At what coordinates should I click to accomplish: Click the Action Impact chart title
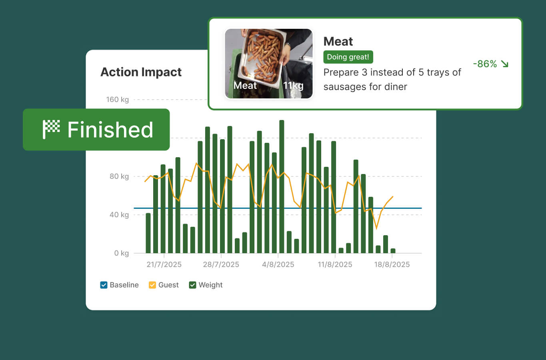coord(141,72)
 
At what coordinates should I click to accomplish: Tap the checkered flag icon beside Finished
coord(51,129)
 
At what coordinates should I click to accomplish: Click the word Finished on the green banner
coord(110,130)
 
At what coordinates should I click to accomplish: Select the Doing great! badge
coord(348,57)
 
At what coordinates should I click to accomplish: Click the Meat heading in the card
coord(338,42)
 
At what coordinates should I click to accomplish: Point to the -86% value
coord(485,64)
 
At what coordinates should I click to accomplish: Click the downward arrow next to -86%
coord(504,64)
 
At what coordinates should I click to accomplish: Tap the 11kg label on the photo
coord(293,86)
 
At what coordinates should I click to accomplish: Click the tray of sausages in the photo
coord(262,56)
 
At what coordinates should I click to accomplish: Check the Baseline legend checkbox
coord(104,285)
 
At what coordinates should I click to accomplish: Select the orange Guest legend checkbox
coord(152,285)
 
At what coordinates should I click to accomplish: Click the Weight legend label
coord(210,285)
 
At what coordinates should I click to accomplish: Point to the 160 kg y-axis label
coord(117,100)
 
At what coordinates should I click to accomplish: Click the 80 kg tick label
coord(119,176)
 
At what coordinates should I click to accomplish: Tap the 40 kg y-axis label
coord(119,215)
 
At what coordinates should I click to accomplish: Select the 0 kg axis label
coord(121,253)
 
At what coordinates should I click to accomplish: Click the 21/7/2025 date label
coord(164,264)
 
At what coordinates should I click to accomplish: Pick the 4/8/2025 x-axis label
coord(278,264)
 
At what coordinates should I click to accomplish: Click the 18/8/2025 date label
coord(392,264)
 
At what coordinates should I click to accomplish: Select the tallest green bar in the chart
coord(282,188)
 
